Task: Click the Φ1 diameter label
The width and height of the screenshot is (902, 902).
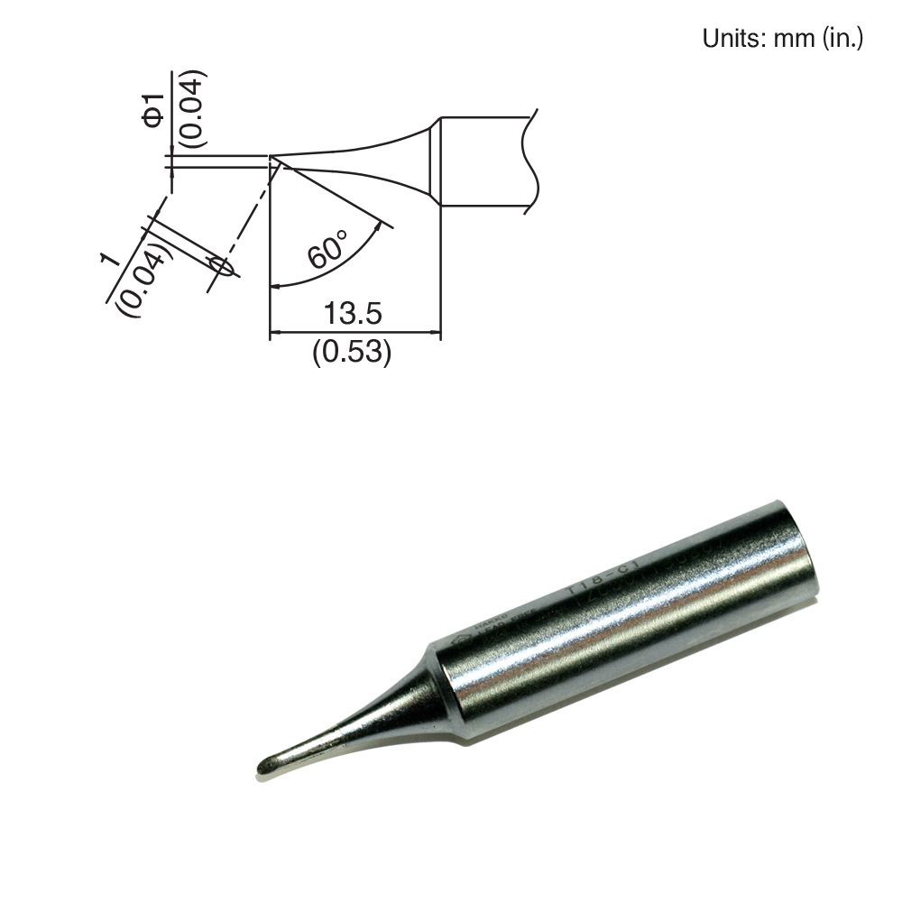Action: [x=154, y=107]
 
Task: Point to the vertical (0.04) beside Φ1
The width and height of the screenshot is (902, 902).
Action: [x=193, y=108]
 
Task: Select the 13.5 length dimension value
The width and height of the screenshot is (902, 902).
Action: [x=354, y=314]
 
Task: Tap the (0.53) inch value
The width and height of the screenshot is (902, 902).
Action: [x=353, y=353]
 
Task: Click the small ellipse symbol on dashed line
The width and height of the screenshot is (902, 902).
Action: [x=219, y=266]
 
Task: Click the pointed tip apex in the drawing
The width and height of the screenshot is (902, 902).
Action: [x=271, y=161]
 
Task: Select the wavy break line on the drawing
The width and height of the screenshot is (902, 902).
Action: [x=530, y=162]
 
